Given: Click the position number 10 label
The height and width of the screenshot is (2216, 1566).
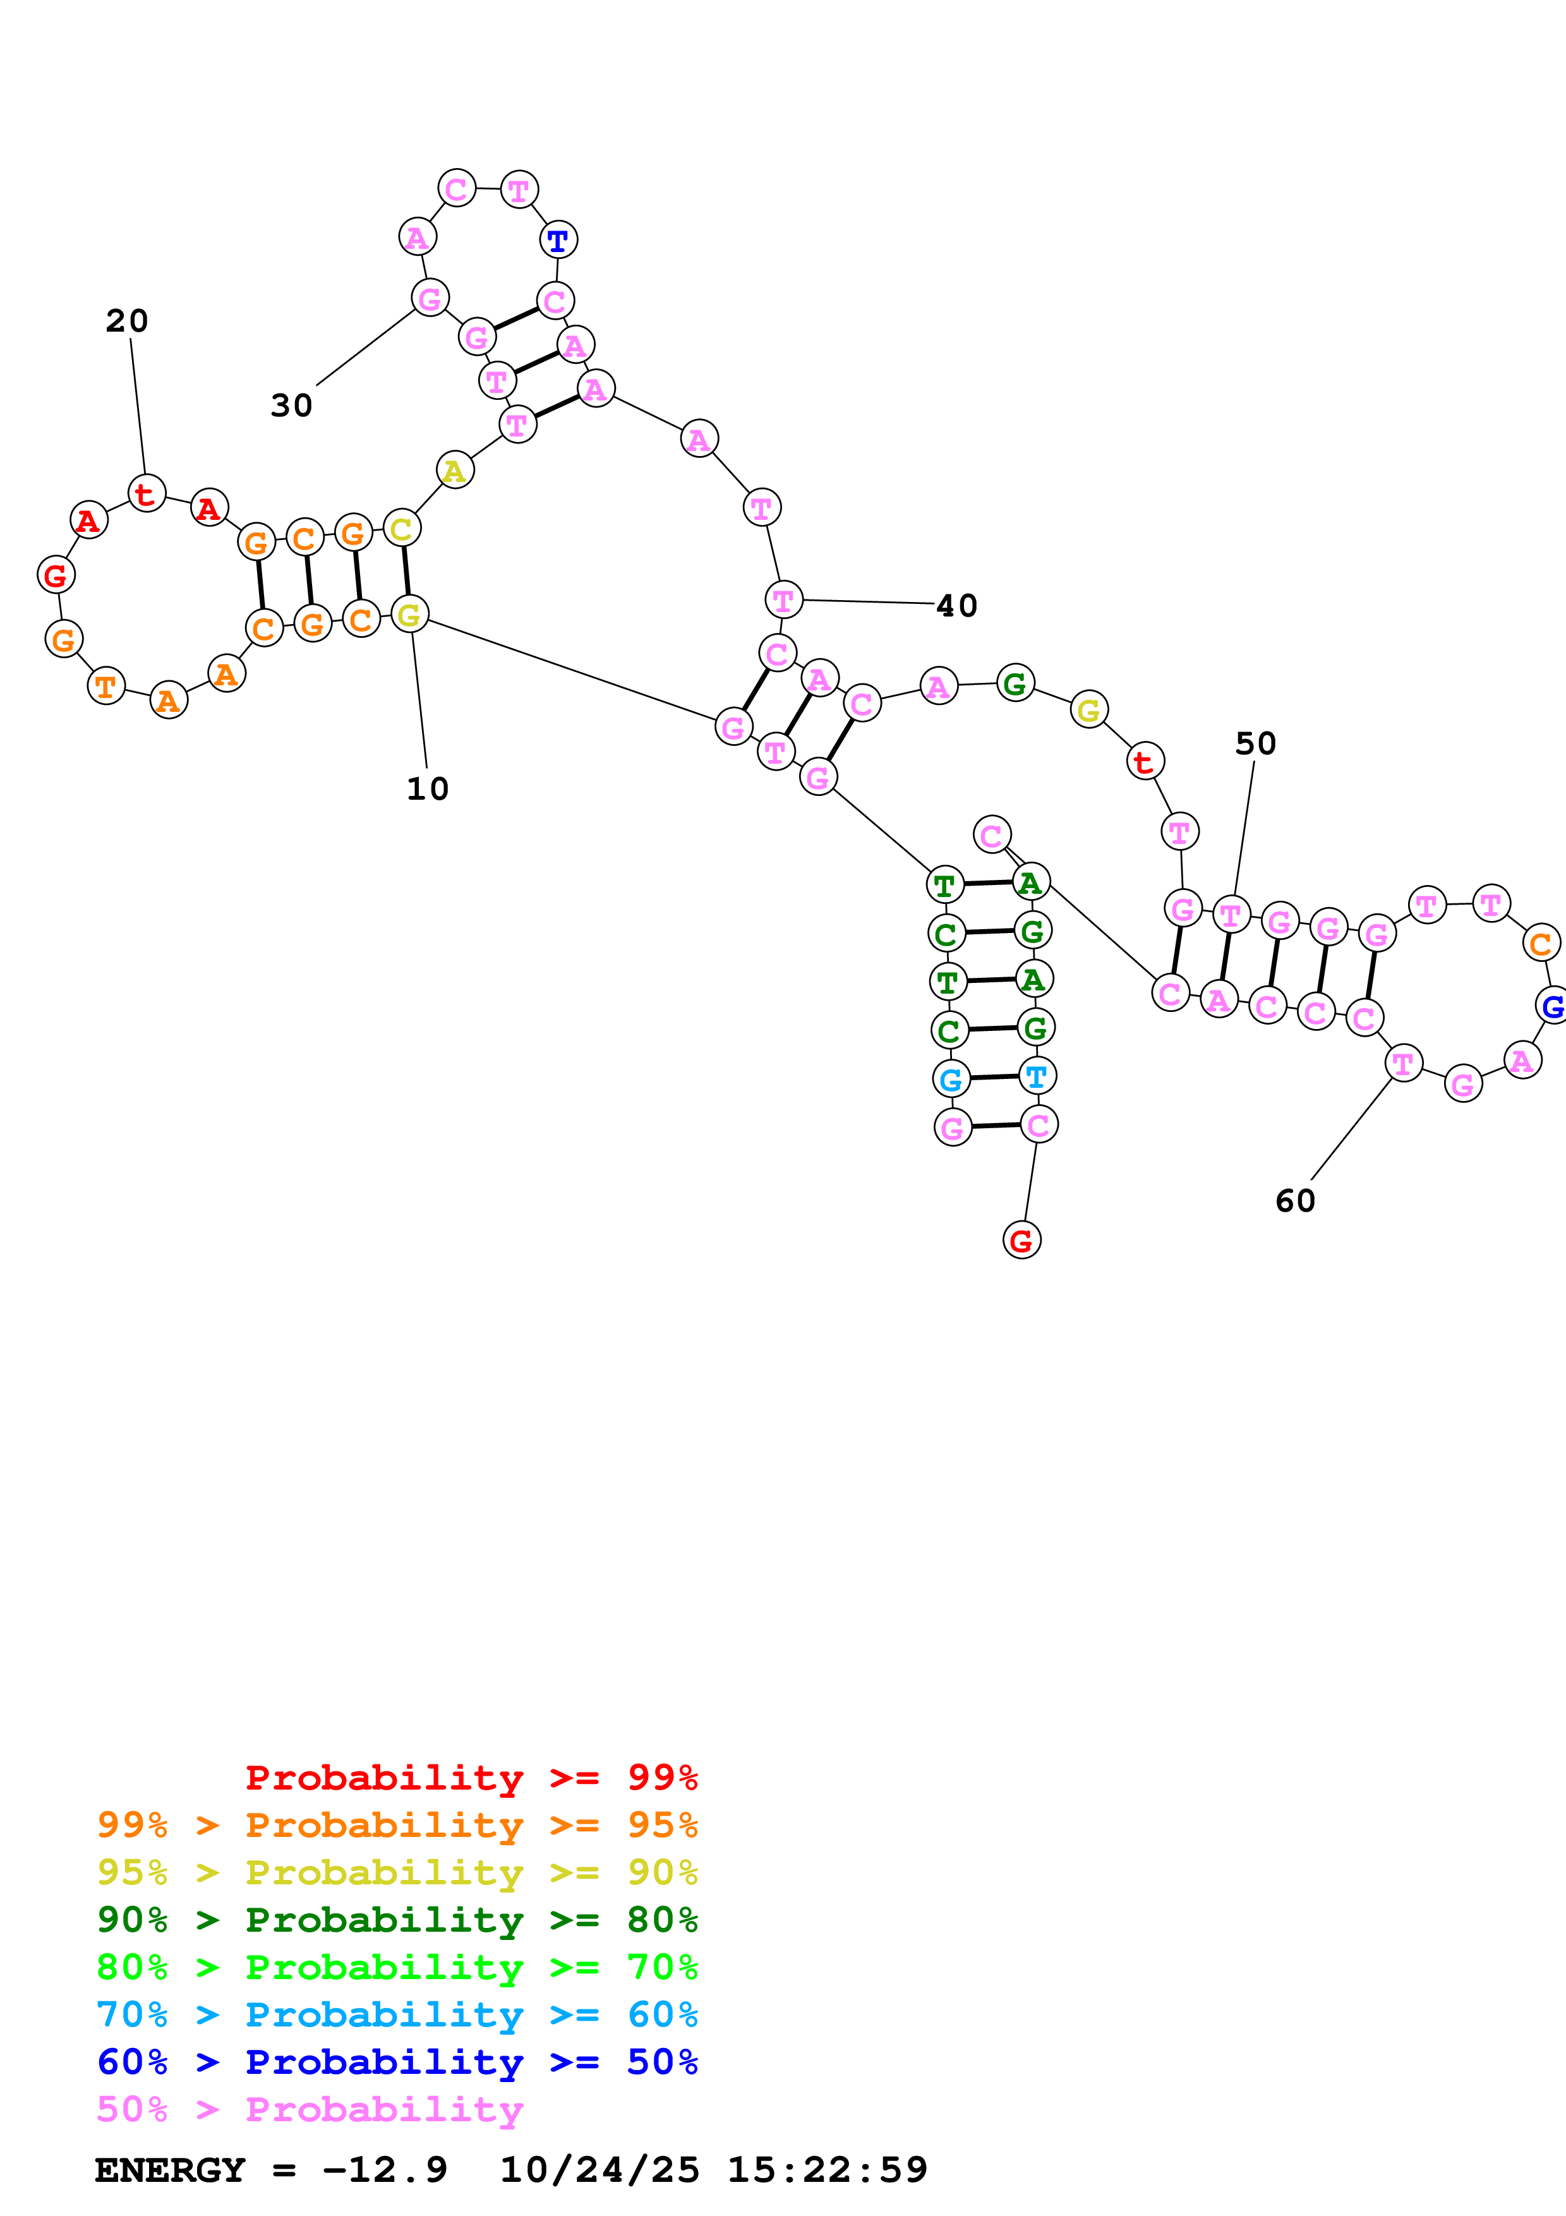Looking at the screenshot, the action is [x=428, y=788].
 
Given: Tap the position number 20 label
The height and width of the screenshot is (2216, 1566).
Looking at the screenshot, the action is [x=126, y=320].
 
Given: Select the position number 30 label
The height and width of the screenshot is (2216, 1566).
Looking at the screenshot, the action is [x=291, y=406].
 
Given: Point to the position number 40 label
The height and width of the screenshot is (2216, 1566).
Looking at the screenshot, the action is [x=957, y=605].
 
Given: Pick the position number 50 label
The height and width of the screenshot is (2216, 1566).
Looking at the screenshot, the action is [x=1255, y=743].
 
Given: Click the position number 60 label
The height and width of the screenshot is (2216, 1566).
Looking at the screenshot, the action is [x=1295, y=1201].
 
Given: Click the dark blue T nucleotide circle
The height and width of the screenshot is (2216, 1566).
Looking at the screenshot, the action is [x=558, y=240].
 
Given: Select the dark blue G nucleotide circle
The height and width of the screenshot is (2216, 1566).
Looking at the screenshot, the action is [x=1551, y=1006].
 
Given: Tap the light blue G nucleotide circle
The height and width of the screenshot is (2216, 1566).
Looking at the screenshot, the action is [x=951, y=1079].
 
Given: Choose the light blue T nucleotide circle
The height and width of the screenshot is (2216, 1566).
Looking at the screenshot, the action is [x=1036, y=1076].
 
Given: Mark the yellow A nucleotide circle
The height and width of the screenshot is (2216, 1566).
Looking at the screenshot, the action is [x=454, y=471].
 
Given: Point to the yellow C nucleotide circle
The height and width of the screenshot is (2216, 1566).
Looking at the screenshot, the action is [x=401, y=528].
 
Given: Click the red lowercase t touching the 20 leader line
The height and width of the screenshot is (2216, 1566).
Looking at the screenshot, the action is [x=147, y=494].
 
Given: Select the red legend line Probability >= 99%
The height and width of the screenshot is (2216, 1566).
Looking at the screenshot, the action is [x=471, y=1778].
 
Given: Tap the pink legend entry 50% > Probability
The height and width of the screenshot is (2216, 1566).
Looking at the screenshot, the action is [x=310, y=2109].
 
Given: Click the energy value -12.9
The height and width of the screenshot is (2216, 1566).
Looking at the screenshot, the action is [x=385, y=2170].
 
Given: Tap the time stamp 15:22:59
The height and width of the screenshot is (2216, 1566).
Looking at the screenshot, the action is [x=827, y=2170].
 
